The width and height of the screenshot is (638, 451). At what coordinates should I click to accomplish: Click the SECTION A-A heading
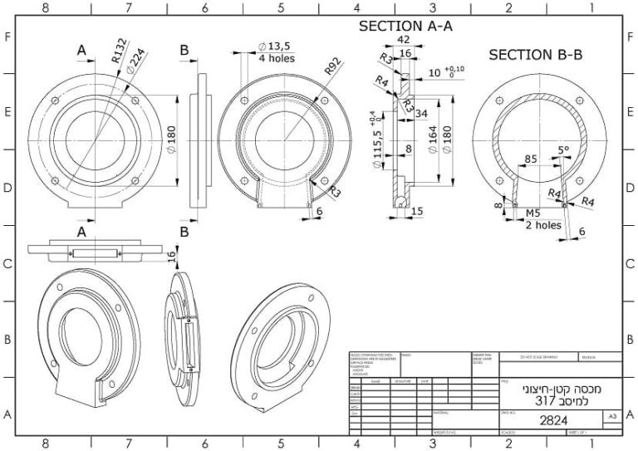pos(405,27)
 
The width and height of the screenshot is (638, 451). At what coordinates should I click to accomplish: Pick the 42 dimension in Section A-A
pos(403,39)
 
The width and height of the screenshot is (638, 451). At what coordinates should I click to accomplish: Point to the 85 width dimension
pos(530,158)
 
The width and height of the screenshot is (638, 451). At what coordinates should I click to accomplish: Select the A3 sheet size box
pos(612,414)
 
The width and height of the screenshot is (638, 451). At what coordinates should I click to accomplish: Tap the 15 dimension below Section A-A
pos(416,212)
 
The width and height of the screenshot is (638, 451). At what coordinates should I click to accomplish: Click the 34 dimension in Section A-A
pos(422,114)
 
